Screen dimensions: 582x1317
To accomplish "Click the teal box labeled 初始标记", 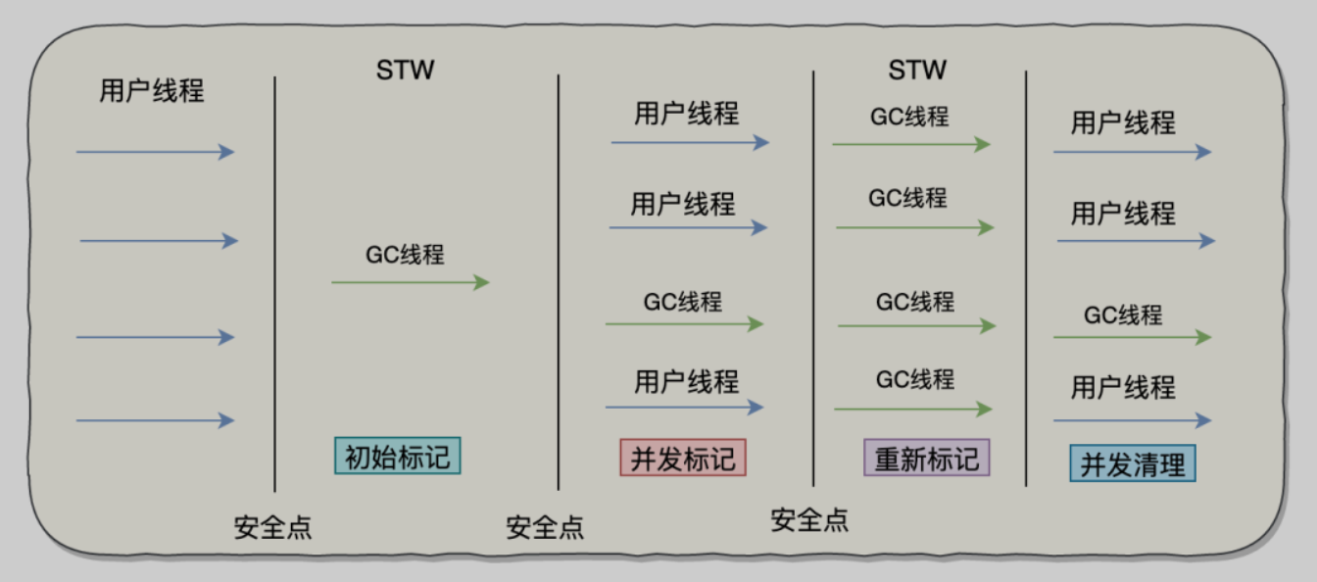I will point(397,456).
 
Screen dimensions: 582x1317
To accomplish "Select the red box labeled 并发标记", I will point(683,458).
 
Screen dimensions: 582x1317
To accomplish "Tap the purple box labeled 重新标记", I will point(926,458).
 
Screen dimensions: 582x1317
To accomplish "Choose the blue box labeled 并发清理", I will point(1132,463).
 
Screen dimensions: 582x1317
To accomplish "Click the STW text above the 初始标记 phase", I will point(405,71).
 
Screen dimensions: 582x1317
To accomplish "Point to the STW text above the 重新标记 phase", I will point(917,71).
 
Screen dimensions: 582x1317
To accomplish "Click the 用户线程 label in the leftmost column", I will point(152,91).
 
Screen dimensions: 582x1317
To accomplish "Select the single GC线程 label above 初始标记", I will point(405,255).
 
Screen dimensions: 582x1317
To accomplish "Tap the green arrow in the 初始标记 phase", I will point(410,282).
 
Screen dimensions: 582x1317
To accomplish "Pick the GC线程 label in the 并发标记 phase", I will point(682,301).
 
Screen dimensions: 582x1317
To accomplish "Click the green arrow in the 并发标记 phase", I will point(683,323).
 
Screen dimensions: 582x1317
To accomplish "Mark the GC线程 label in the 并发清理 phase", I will point(1123,315).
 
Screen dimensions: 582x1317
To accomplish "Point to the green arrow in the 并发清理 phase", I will point(1132,337).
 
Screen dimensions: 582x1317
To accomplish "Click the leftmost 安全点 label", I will point(272,527).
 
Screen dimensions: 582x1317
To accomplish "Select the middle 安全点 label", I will point(545,527).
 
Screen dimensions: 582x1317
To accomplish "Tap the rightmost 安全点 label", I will point(809,519).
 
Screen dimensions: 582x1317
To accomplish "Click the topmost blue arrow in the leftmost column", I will point(155,152).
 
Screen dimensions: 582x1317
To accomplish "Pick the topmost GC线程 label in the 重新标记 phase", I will point(909,117).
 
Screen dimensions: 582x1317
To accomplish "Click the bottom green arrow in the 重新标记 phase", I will point(912,409).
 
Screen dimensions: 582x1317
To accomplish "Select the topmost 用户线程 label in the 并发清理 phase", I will point(1123,123).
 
